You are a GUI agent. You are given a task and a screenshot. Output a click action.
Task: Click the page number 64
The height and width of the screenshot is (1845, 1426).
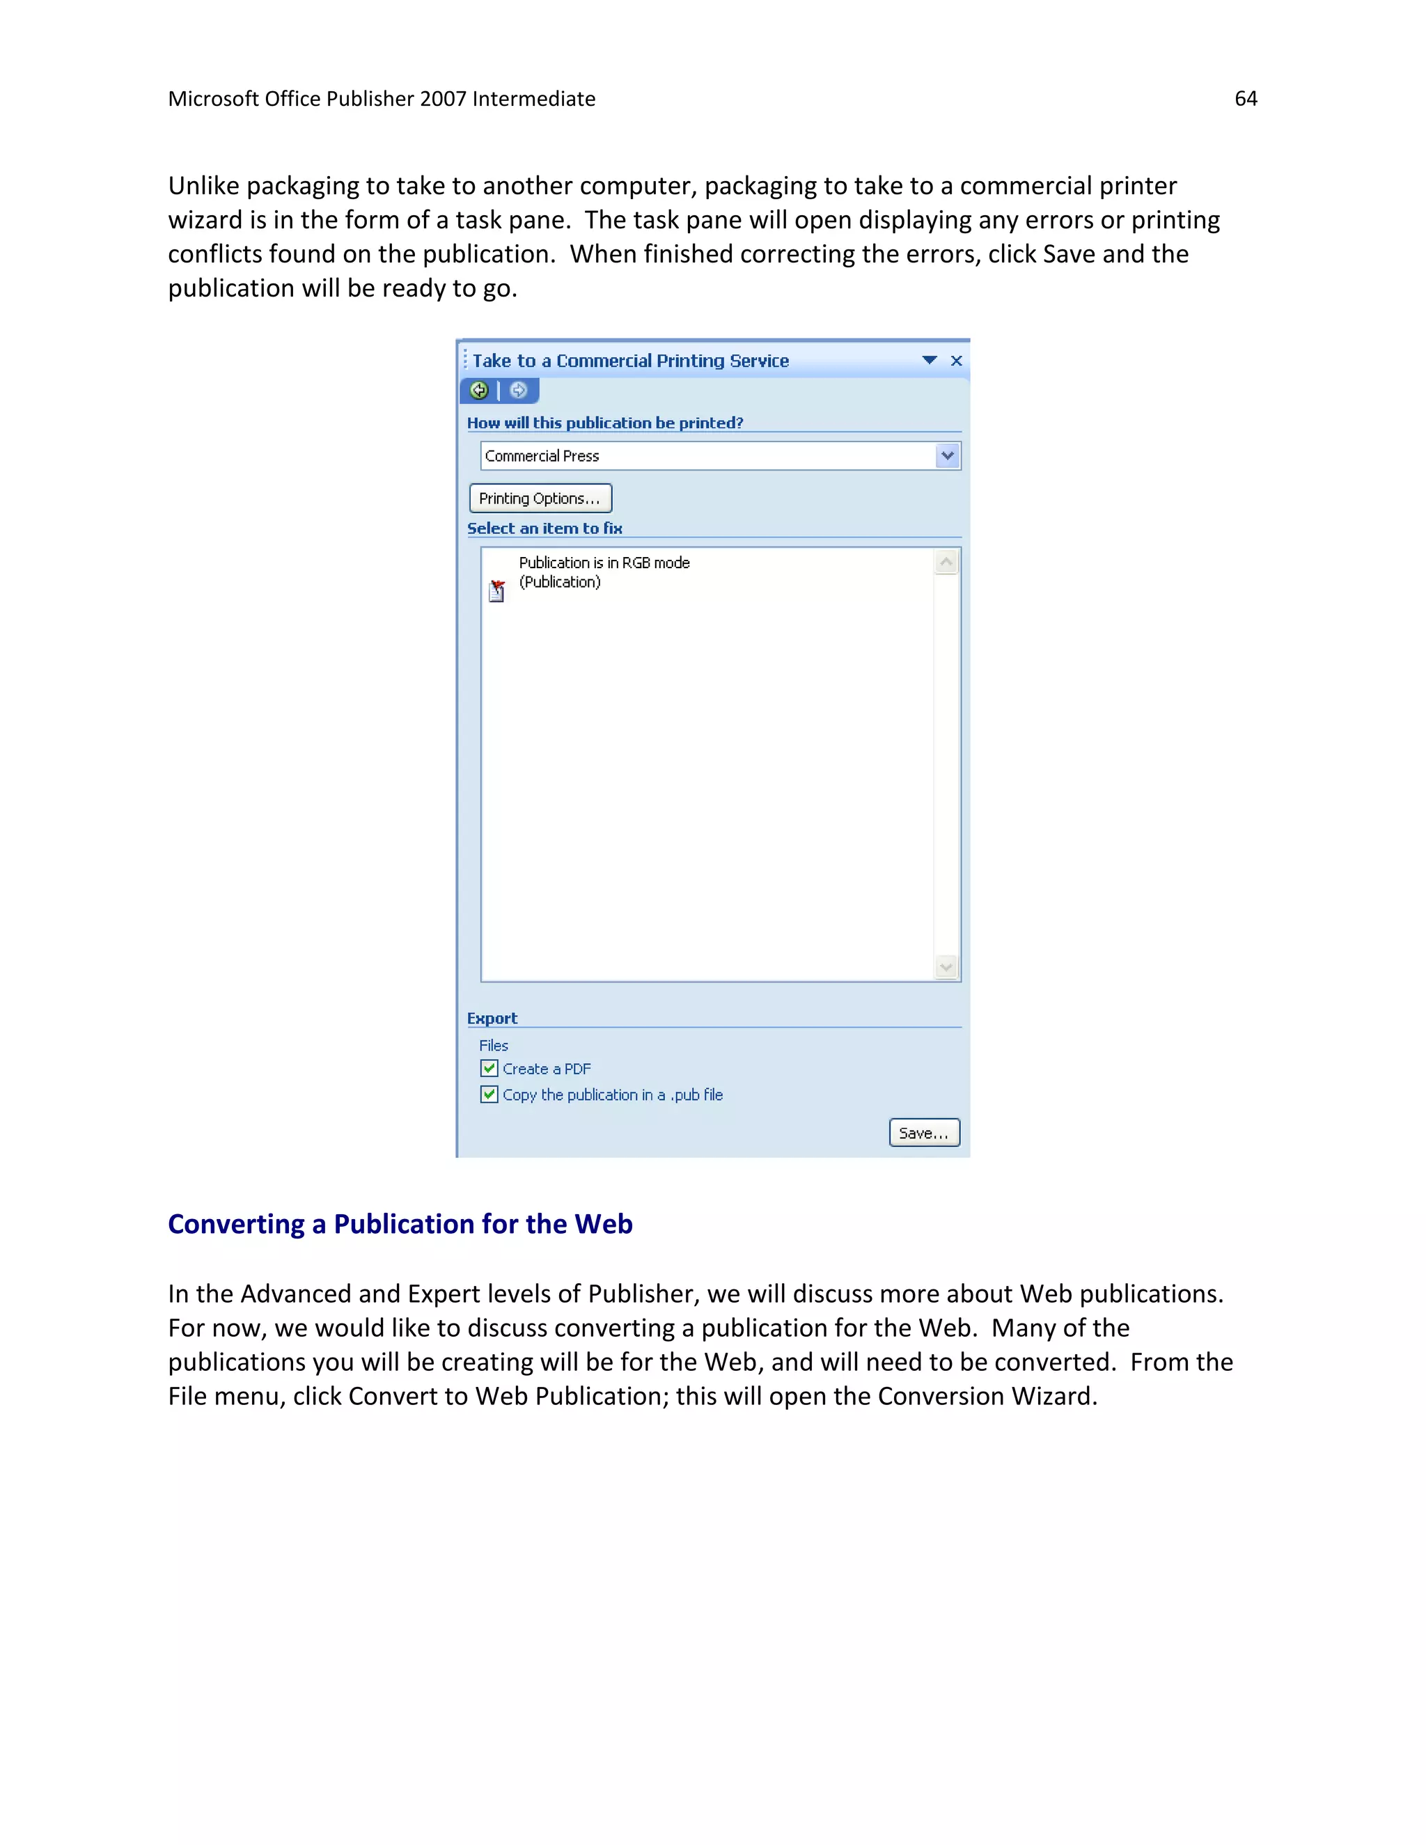(x=1245, y=99)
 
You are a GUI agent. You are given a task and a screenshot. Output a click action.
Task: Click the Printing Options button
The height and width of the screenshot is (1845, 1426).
(x=540, y=498)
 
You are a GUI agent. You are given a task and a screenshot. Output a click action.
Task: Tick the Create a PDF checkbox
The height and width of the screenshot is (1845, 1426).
(x=489, y=1069)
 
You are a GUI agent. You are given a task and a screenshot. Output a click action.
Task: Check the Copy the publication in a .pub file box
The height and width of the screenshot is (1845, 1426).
(x=489, y=1095)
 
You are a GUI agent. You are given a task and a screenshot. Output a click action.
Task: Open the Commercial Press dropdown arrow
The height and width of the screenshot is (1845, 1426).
(x=948, y=456)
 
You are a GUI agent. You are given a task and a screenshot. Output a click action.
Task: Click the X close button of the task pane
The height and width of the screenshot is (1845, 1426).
(x=956, y=361)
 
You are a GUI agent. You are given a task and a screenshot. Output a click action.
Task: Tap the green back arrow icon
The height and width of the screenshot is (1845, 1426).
(x=479, y=391)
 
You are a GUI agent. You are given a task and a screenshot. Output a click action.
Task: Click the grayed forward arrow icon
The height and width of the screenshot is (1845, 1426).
(x=519, y=391)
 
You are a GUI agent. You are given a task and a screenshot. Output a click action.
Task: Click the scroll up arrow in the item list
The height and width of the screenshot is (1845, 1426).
(x=946, y=563)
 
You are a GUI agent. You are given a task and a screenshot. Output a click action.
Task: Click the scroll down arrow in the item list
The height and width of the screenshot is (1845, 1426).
(x=946, y=967)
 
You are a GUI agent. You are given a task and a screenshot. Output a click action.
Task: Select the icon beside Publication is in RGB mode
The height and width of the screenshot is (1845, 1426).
(x=496, y=590)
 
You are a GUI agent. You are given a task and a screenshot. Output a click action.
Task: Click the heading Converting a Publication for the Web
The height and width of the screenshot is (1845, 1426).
(x=400, y=1224)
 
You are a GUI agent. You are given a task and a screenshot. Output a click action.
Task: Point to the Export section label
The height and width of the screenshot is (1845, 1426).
(x=492, y=1019)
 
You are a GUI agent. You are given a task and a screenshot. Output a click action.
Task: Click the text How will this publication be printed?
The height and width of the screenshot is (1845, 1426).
(x=605, y=423)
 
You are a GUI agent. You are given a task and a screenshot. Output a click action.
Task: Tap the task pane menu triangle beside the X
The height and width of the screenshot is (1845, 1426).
(x=930, y=361)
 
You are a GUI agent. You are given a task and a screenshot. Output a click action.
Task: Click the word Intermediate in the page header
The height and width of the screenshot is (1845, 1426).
(x=533, y=99)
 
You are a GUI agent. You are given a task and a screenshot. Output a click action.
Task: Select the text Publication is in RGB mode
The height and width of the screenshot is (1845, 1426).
(x=604, y=563)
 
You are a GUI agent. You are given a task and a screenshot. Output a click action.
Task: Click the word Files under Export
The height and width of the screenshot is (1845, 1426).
(x=494, y=1046)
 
